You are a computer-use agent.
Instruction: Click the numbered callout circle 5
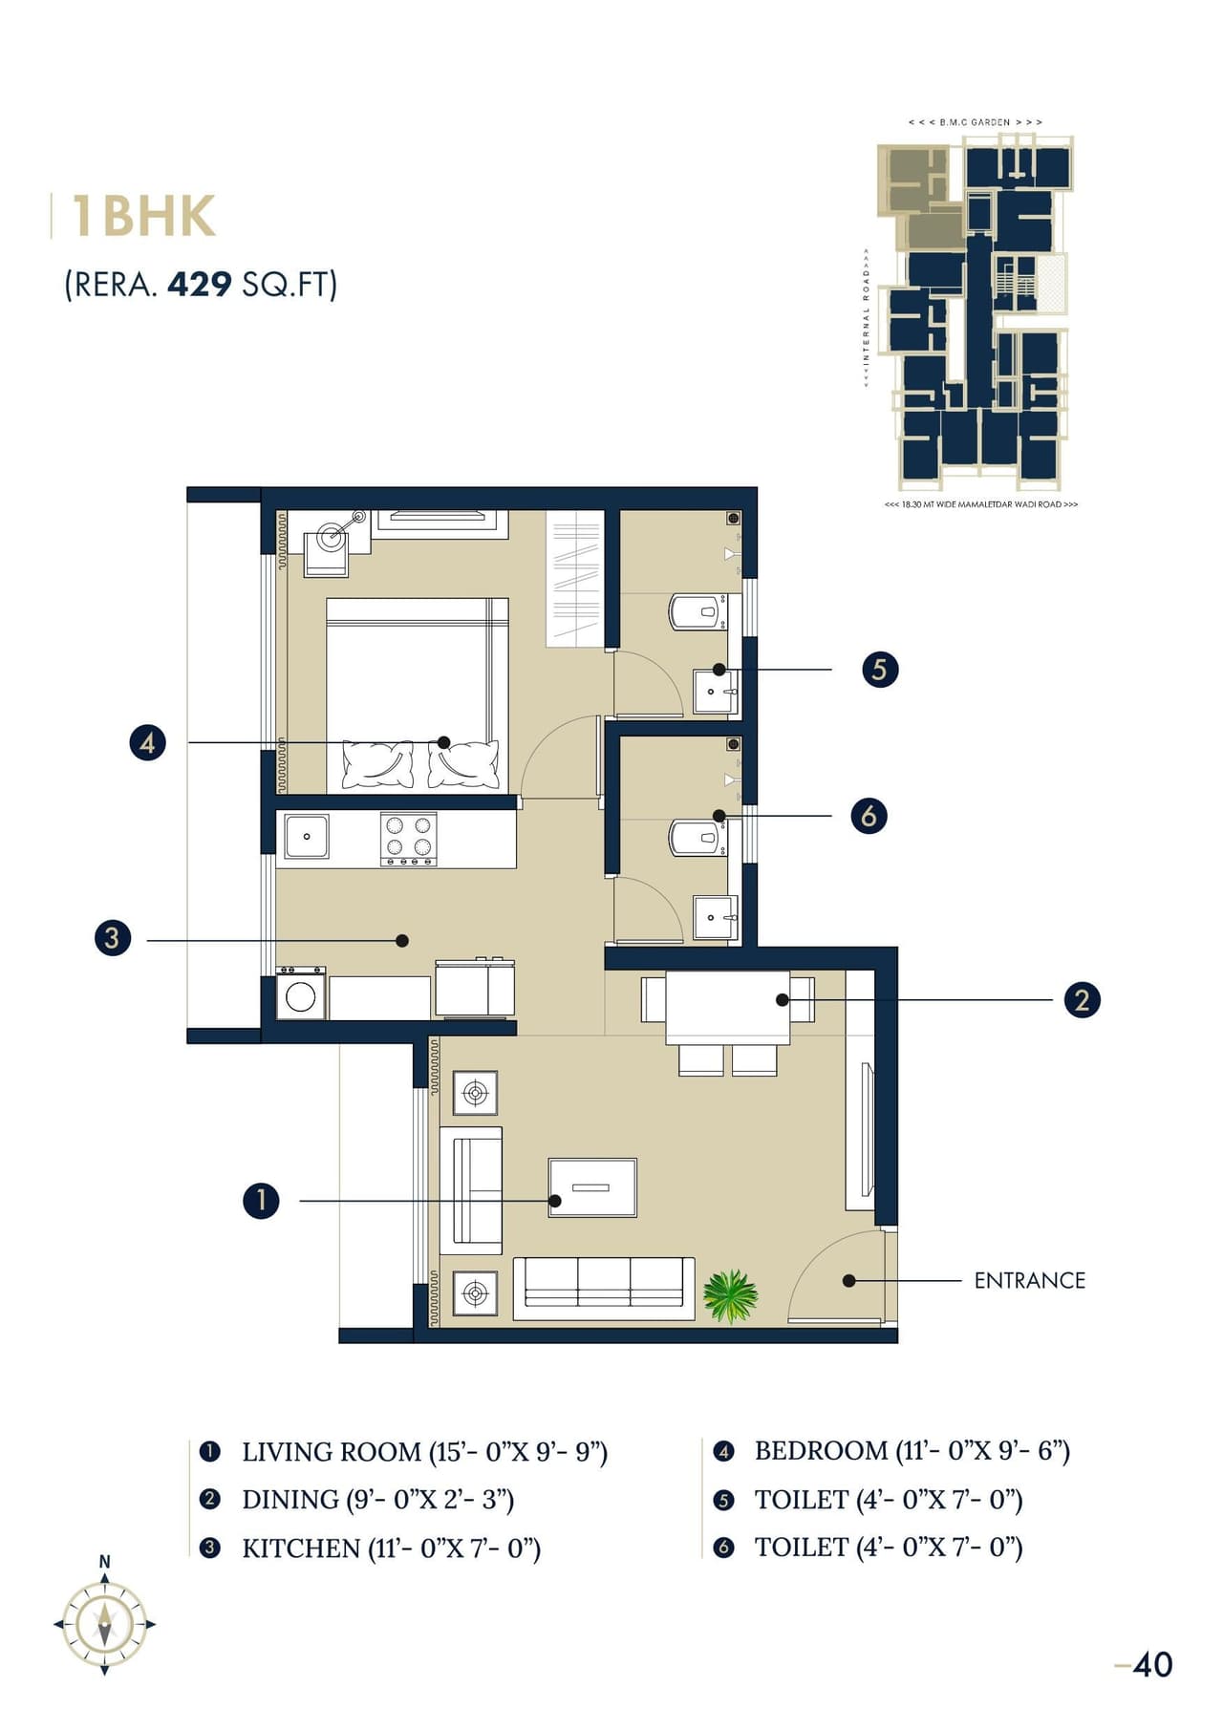(879, 670)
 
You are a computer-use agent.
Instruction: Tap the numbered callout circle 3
(113, 937)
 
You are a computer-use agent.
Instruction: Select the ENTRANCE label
(1029, 1280)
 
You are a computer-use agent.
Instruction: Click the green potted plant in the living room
(730, 1295)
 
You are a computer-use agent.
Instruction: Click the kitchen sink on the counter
(307, 836)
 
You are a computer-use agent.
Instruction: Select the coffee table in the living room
(592, 1187)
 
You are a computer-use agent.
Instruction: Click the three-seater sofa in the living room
(604, 1288)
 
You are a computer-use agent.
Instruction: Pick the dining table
(727, 1007)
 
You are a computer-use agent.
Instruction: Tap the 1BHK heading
(143, 217)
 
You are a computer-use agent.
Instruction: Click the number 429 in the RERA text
(200, 285)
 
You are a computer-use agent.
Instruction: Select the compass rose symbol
(104, 1623)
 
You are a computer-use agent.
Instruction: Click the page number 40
(1151, 1665)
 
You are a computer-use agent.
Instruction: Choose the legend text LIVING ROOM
(331, 1452)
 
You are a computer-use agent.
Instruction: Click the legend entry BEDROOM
(821, 1450)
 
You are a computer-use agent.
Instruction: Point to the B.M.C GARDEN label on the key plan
(975, 122)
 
